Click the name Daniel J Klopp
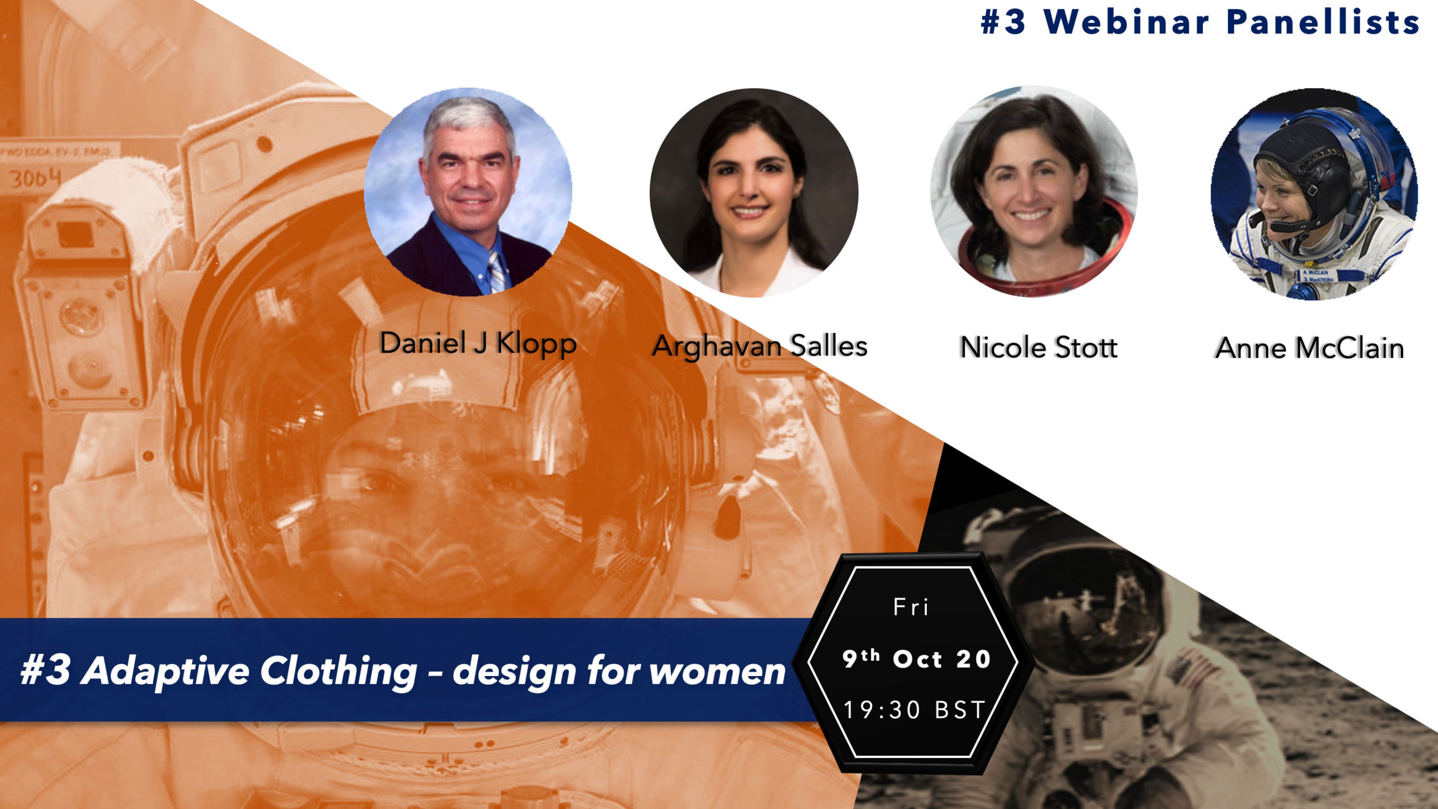pyautogui.click(x=478, y=343)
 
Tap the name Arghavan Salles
pyautogui.click(x=760, y=346)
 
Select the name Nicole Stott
pyautogui.click(x=1039, y=347)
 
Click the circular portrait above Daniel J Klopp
pyautogui.click(x=468, y=191)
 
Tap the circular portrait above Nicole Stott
pyautogui.click(x=1034, y=191)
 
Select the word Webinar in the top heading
pyautogui.click(x=1126, y=23)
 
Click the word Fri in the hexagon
pyautogui.click(x=911, y=607)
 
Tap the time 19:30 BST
pyautogui.click(x=914, y=710)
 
